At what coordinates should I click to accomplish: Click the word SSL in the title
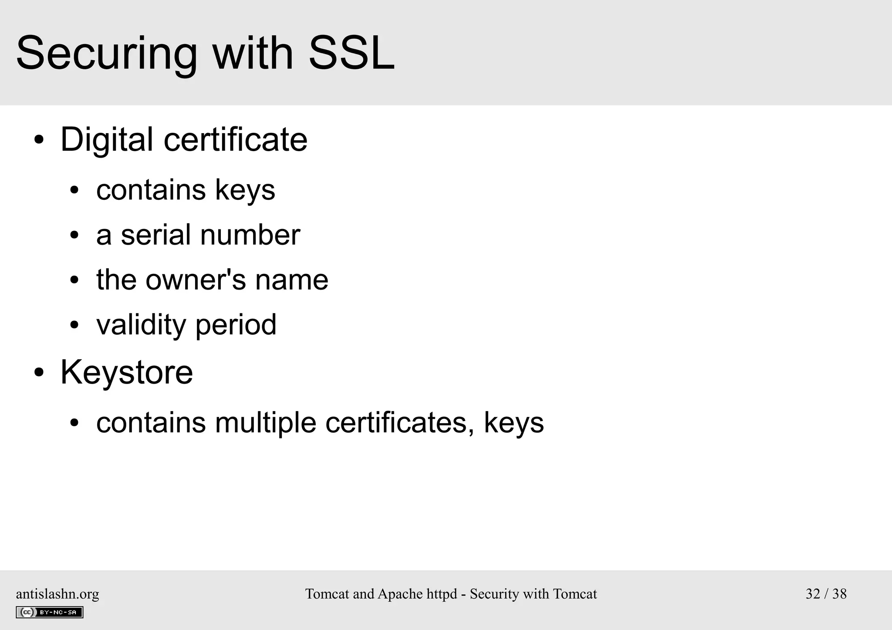click(351, 53)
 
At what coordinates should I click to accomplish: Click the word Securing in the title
click(106, 54)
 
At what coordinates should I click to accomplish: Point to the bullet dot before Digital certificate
click(39, 140)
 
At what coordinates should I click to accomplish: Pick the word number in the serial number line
click(250, 235)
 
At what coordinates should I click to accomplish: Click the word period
click(236, 325)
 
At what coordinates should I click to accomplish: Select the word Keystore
click(126, 372)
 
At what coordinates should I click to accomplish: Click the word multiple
click(265, 422)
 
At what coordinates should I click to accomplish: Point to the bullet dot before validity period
click(74, 325)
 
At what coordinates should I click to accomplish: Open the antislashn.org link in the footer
click(57, 594)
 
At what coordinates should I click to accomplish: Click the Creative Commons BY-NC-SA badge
click(50, 612)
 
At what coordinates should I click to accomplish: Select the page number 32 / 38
click(826, 594)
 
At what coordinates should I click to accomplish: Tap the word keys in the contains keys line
click(245, 190)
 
